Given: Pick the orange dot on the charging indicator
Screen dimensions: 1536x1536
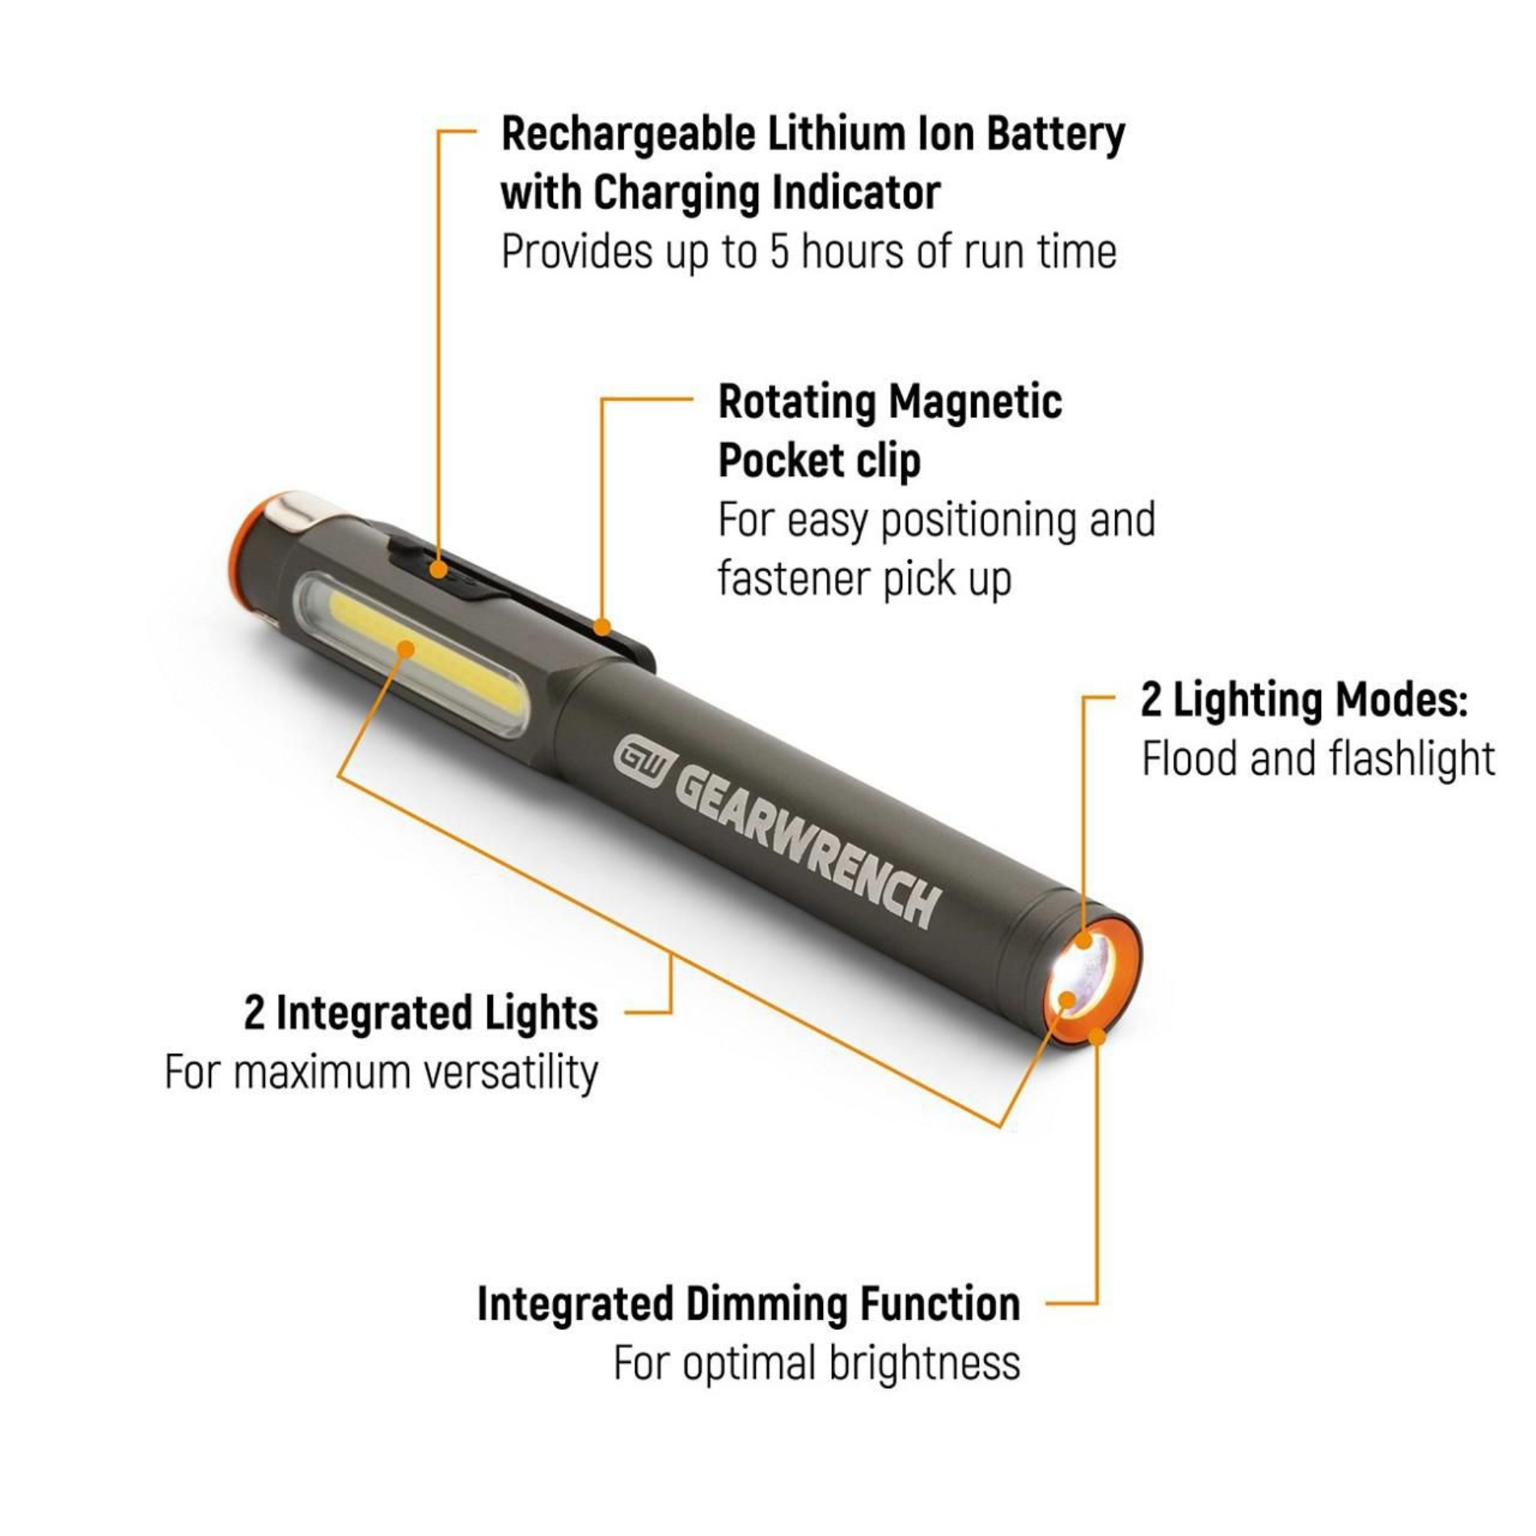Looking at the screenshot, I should point(438,568).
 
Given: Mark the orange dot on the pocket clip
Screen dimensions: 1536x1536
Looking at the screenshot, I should point(601,627).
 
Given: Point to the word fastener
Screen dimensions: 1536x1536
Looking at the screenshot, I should point(791,579).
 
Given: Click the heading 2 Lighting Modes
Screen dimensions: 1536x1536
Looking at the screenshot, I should point(1303,700).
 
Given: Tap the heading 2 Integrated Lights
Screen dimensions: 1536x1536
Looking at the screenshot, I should point(421,1013).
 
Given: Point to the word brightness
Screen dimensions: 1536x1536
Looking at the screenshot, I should point(924,1364).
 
